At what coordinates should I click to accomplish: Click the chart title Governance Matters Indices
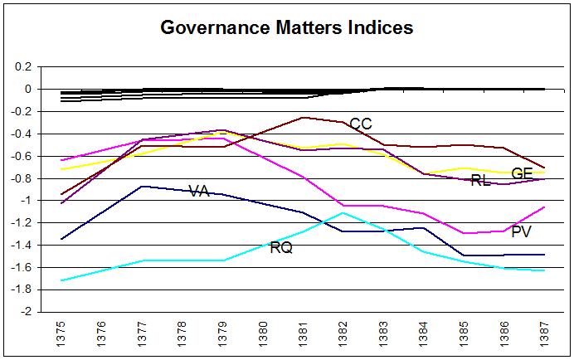tap(286, 27)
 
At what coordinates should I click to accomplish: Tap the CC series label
tap(361, 124)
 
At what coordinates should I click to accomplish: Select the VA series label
tap(199, 191)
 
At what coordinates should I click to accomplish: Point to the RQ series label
tap(281, 247)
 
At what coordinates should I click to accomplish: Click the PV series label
tap(521, 231)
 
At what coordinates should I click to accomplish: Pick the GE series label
tap(522, 173)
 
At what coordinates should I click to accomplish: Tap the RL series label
tap(480, 180)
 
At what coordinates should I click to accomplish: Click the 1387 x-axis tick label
tap(544, 335)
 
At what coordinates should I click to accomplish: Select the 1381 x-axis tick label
tap(303, 335)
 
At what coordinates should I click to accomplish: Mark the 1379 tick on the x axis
tap(222, 335)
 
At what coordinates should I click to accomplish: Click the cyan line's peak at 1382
tap(343, 213)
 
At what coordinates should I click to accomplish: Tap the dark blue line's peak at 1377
tap(142, 187)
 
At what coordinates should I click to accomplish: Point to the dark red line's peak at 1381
tap(303, 118)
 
